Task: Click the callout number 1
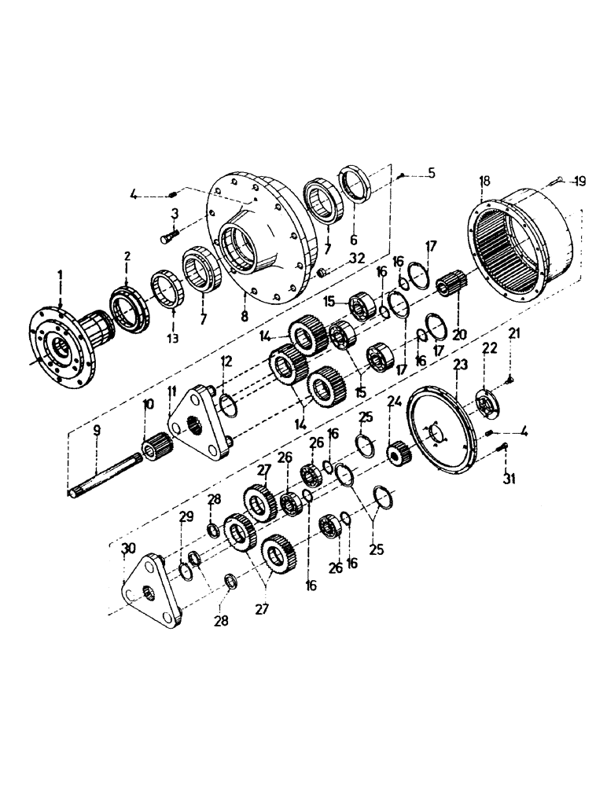(x=61, y=277)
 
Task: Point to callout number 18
(x=481, y=182)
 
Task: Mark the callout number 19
(x=579, y=182)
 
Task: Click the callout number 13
(x=173, y=339)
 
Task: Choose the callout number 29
(x=184, y=516)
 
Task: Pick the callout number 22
(x=490, y=348)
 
